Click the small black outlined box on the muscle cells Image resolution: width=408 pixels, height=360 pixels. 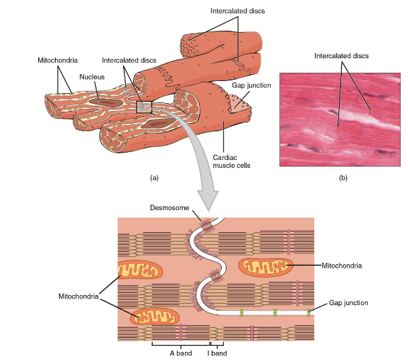[145, 106]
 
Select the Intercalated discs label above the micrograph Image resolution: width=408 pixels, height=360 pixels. [342, 56]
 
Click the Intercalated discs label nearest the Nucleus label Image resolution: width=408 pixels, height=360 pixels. [129, 60]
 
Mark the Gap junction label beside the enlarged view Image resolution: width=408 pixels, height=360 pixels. [348, 302]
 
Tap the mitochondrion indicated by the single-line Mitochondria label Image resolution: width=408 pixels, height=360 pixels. [267, 266]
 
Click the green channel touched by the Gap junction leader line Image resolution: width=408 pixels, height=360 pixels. [310, 312]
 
